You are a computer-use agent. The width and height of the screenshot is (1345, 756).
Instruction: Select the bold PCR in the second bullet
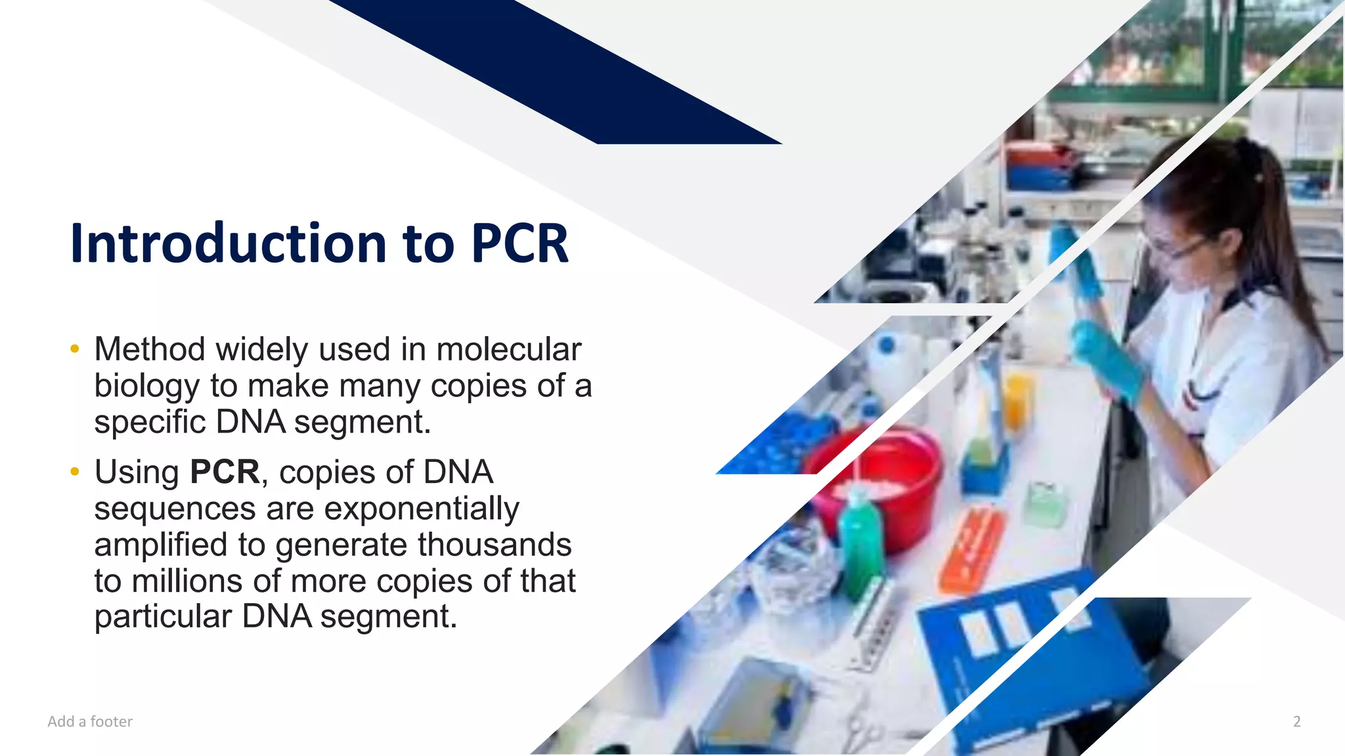225,472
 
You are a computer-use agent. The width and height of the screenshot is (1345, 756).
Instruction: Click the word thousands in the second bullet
495,545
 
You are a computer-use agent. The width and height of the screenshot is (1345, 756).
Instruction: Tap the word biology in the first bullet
146,386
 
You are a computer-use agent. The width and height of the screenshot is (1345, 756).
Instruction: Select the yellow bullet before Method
75,349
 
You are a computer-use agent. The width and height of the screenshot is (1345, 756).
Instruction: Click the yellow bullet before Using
75,472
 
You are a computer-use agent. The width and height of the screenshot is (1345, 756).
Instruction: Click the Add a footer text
90,722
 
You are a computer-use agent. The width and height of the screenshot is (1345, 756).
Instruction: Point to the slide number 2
1296,722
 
